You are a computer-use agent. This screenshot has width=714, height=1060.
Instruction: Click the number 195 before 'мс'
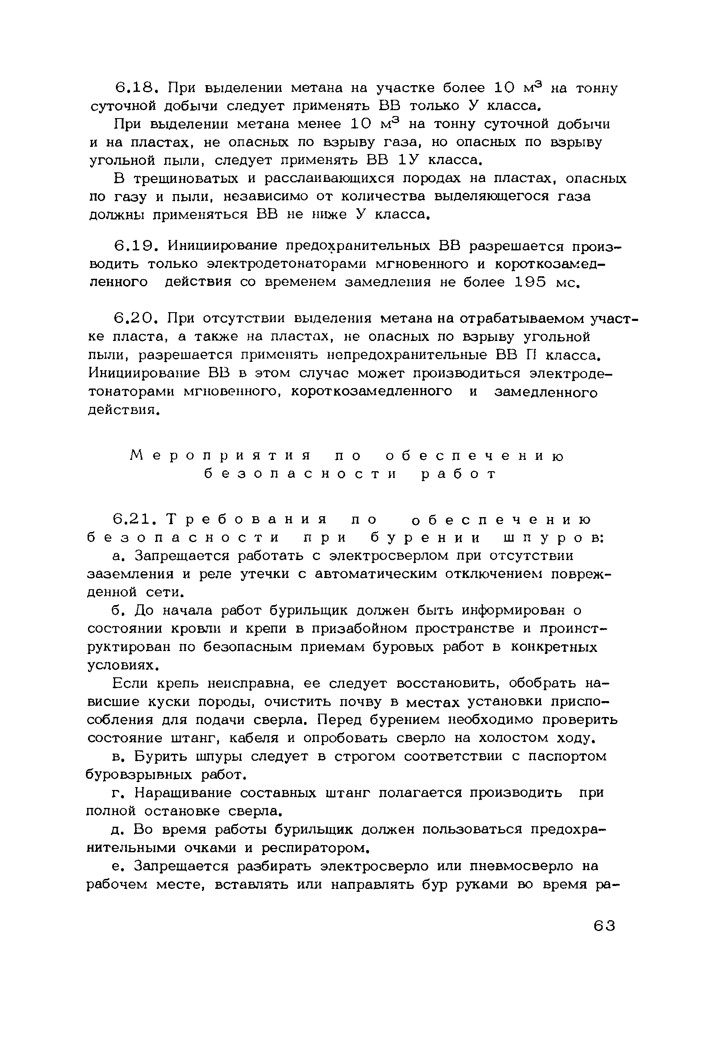point(530,283)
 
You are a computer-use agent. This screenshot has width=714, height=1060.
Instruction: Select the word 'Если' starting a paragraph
point(130,684)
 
